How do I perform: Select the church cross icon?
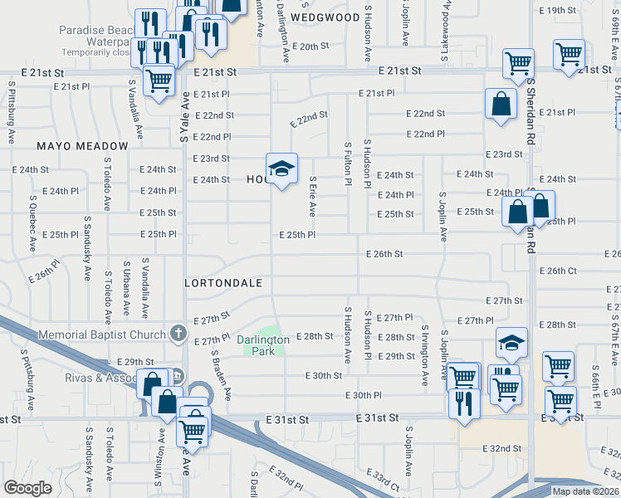pos(177,334)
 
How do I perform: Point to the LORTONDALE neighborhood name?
pos(223,283)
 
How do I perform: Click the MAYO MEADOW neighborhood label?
pos(82,146)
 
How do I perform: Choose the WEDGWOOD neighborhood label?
pos(325,17)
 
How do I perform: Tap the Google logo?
pos(27,488)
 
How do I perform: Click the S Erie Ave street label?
pos(312,196)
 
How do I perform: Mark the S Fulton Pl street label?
pos(347,163)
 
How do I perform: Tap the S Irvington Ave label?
pos(423,355)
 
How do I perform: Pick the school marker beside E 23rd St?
pos(282,168)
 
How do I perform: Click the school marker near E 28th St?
pos(511,341)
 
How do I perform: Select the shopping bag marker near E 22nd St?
pos(501,105)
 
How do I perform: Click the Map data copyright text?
pos(584,491)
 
